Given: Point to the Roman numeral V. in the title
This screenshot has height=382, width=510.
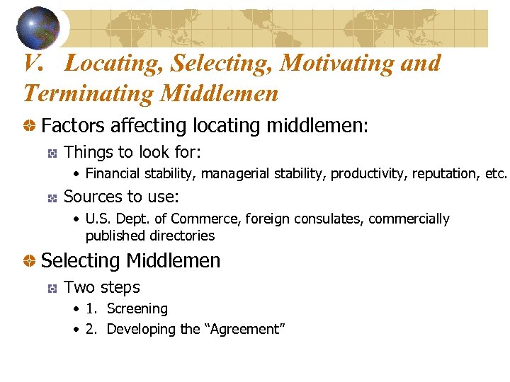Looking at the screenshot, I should click(x=35, y=64).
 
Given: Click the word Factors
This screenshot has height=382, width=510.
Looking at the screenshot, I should click(x=71, y=126).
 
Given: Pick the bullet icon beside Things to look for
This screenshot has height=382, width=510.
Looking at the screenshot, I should click(x=52, y=153).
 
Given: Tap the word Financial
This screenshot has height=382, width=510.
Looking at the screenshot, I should click(x=113, y=173).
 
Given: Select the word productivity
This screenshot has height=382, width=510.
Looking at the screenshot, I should click(x=367, y=173).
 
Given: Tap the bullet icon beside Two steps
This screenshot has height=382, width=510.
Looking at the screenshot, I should click(x=52, y=288).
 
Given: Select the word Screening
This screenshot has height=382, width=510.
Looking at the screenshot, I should click(x=137, y=309).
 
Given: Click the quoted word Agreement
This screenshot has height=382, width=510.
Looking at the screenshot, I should click(x=244, y=329).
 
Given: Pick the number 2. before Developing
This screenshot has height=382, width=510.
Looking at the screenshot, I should click(x=91, y=329).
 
